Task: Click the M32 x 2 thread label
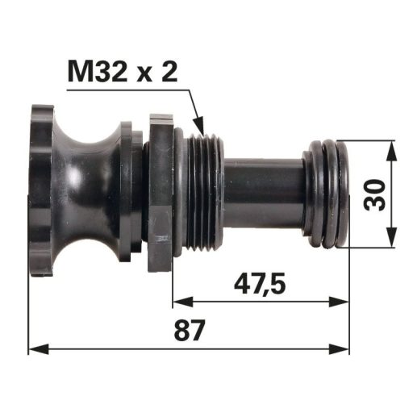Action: pyautogui.click(x=123, y=72)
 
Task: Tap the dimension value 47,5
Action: pyautogui.click(x=260, y=285)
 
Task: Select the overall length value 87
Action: pyautogui.click(x=190, y=330)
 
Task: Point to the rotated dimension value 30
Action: pyautogui.click(x=374, y=195)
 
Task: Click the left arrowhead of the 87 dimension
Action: pyautogui.click(x=39, y=349)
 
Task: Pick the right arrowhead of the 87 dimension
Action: pyautogui.click(x=340, y=349)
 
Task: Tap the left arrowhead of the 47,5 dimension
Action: pyautogui.click(x=183, y=302)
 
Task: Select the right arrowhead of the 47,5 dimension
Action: pyautogui.click(x=340, y=302)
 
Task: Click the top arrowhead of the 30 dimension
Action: pyautogui.click(x=392, y=151)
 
